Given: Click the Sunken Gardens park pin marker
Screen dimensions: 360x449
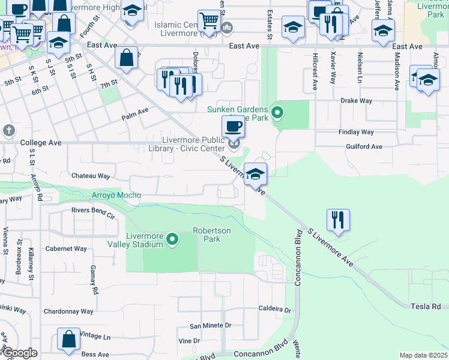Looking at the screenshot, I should coord(277,112).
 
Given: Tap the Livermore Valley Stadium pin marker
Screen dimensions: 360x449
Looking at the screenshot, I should coord(172,240).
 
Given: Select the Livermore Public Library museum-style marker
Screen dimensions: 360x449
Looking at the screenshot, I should coord(234,143).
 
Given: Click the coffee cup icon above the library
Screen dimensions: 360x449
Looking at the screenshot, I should coord(233,126).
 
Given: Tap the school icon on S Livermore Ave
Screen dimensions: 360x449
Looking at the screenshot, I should coord(256,174).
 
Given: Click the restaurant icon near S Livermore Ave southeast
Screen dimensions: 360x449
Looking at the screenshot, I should coord(338,220).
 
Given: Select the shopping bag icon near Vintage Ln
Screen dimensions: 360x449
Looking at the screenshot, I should coord(68,338).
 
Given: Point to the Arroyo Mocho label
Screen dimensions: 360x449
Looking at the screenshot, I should coord(116,195).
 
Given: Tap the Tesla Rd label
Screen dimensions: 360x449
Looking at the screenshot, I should coord(426,306).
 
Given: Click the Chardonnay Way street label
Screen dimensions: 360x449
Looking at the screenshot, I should coord(68,311).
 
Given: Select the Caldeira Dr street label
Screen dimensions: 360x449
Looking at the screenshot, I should coord(274,310).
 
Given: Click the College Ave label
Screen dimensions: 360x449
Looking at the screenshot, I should coord(41,143).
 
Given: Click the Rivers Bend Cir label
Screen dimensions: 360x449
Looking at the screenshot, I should coord(92,210).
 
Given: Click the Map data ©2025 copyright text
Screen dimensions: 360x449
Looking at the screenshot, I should coord(423,355).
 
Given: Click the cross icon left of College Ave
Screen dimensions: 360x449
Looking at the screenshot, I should coord(8,130).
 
